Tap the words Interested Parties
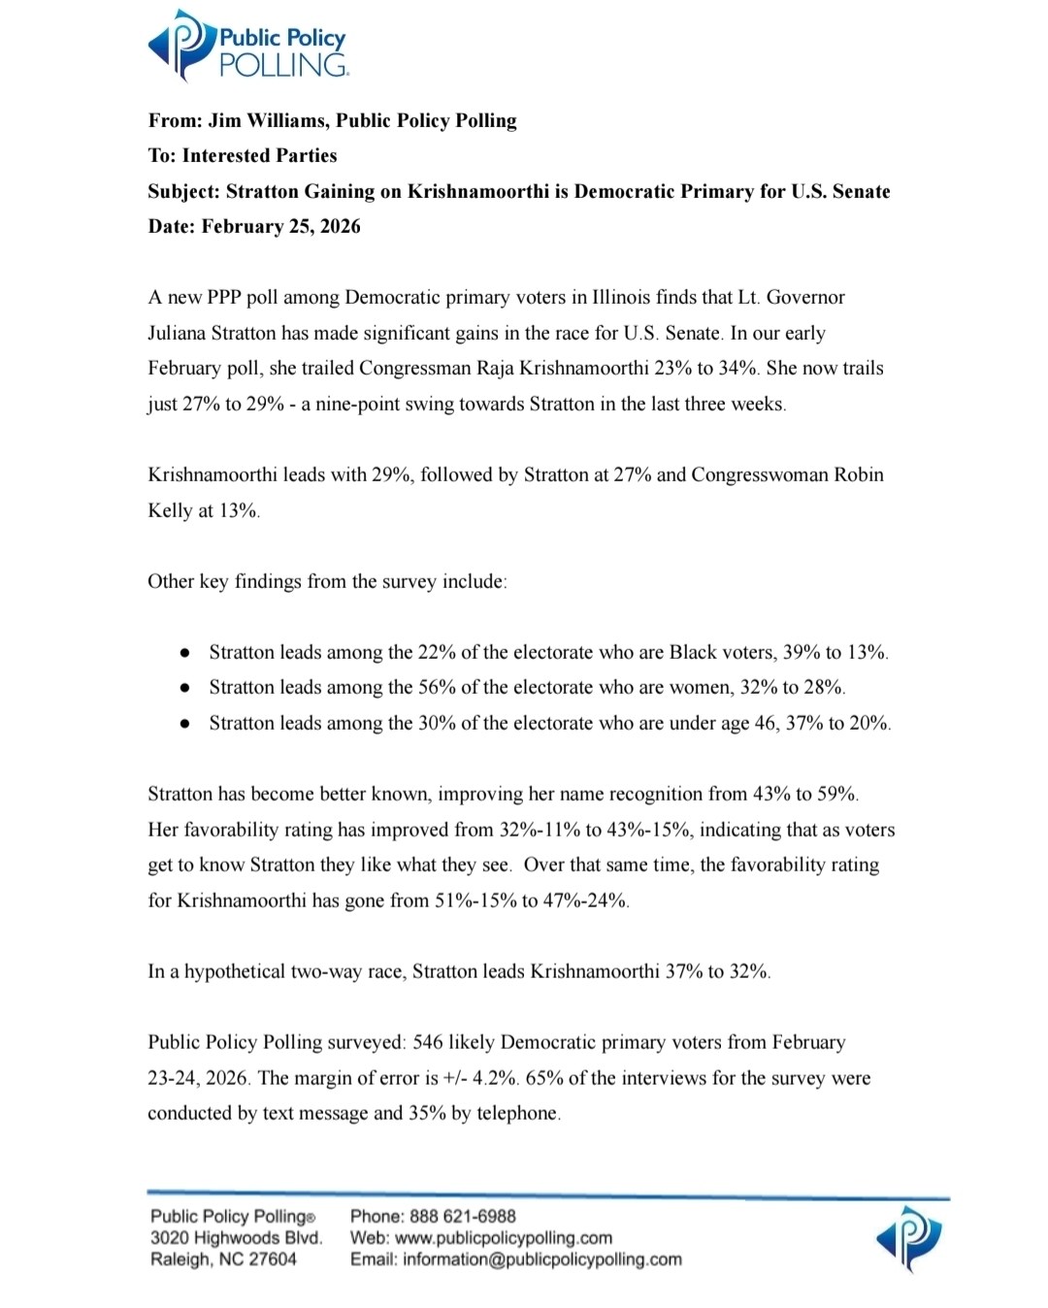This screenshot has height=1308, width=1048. pos(259,155)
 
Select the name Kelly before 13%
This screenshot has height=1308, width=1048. pos(170,510)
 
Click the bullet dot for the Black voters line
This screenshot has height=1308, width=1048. pos(184,653)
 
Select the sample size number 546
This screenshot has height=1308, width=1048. pos(428,1042)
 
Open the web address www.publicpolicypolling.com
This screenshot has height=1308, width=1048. pos(504,1238)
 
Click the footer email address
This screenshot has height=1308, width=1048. pos(541,1259)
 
